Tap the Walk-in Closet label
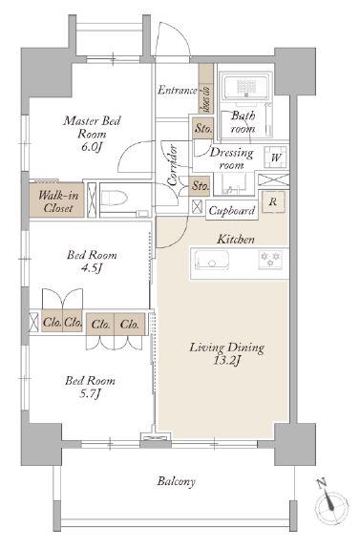click(58, 201)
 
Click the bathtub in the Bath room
click(247, 86)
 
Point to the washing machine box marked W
click(276, 158)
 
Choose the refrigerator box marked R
click(273, 201)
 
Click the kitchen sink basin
click(212, 260)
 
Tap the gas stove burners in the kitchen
click(270, 260)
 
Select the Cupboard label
click(232, 211)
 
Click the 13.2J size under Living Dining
click(226, 361)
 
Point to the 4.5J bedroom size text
click(92, 268)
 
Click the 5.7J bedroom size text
click(90, 393)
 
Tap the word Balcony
click(176, 481)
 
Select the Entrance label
click(178, 90)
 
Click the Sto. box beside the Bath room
click(203, 128)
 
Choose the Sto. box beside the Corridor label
click(201, 185)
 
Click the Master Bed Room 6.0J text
click(92, 134)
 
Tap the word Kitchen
click(236, 240)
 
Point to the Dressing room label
click(231, 158)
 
